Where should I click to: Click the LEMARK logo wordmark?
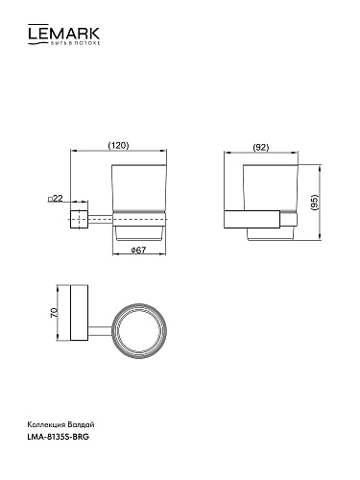(63, 33)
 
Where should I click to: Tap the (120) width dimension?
(118, 146)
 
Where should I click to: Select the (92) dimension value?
(261, 148)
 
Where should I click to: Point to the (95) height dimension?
(315, 203)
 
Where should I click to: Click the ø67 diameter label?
(138, 250)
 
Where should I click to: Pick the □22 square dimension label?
(55, 199)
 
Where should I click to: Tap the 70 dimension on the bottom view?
(54, 312)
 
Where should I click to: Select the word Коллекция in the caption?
(47, 425)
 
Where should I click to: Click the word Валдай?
(81, 424)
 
